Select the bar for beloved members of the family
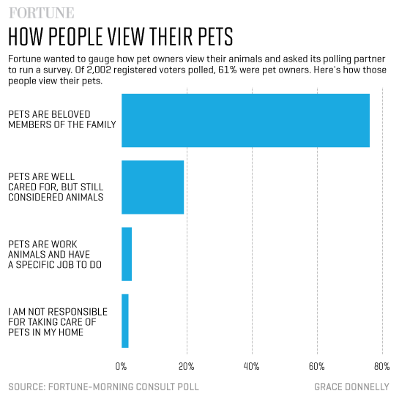click(x=245, y=121)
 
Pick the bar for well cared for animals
click(x=152, y=187)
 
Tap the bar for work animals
click(x=127, y=254)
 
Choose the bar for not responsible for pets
click(x=125, y=321)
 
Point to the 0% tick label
click(x=122, y=366)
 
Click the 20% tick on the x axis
click(x=186, y=366)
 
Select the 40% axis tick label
click(x=252, y=366)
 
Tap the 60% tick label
click(x=317, y=366)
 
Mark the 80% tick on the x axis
click(x=381, y=366)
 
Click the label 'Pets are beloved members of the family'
click(x=61, y=119)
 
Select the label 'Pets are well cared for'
click(x=56, y=187)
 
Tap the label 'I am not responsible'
click(x=58, y=321)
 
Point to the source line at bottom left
click(x=103, y=386)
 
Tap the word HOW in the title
click(x=26, y=37)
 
